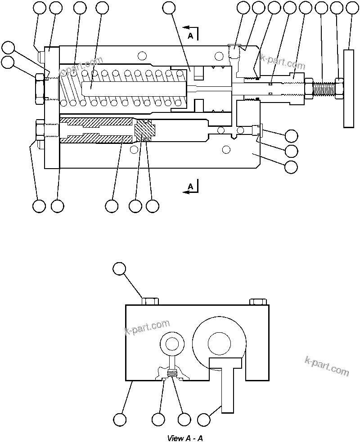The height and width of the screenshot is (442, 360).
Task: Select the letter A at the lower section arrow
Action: (x=190, y=185)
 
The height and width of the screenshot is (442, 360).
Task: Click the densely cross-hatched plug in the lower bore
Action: (x=145, y=131)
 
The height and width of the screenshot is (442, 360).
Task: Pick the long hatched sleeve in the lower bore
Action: (x=97, y=131)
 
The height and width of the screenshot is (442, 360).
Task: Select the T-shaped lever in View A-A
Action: (x=227, y=382)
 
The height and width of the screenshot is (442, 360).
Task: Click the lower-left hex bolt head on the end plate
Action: (x=38, y=131)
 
